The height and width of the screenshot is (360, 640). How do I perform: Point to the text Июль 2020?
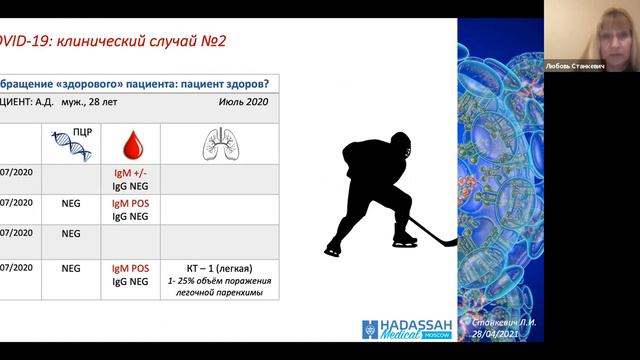(x=243, y=103)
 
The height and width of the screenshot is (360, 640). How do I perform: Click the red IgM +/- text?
(x=131, y=173)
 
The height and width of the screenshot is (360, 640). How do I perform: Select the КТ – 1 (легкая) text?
(x=219, y=268)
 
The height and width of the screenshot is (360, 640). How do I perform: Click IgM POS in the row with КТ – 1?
(x=131, y=268)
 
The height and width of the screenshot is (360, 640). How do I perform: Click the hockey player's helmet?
(x=397, y=142)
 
